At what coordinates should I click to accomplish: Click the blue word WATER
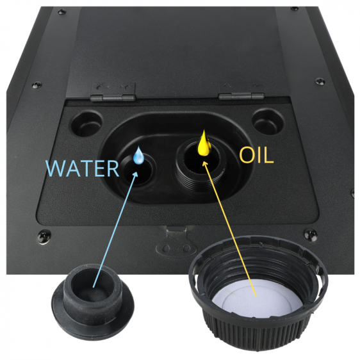82,168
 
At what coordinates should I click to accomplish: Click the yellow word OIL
256,156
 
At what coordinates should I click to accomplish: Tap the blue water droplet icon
138,156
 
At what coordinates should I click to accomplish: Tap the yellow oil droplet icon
204,143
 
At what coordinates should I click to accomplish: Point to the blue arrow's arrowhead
135,175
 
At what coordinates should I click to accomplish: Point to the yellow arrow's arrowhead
205,163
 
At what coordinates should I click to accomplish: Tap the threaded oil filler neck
201,165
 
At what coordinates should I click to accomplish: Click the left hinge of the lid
113,92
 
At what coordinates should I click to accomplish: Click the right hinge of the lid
241,92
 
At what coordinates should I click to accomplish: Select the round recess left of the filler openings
87,124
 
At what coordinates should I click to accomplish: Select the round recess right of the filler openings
268,122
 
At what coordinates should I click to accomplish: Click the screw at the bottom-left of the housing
44,236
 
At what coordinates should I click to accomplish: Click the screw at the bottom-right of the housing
311,234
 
